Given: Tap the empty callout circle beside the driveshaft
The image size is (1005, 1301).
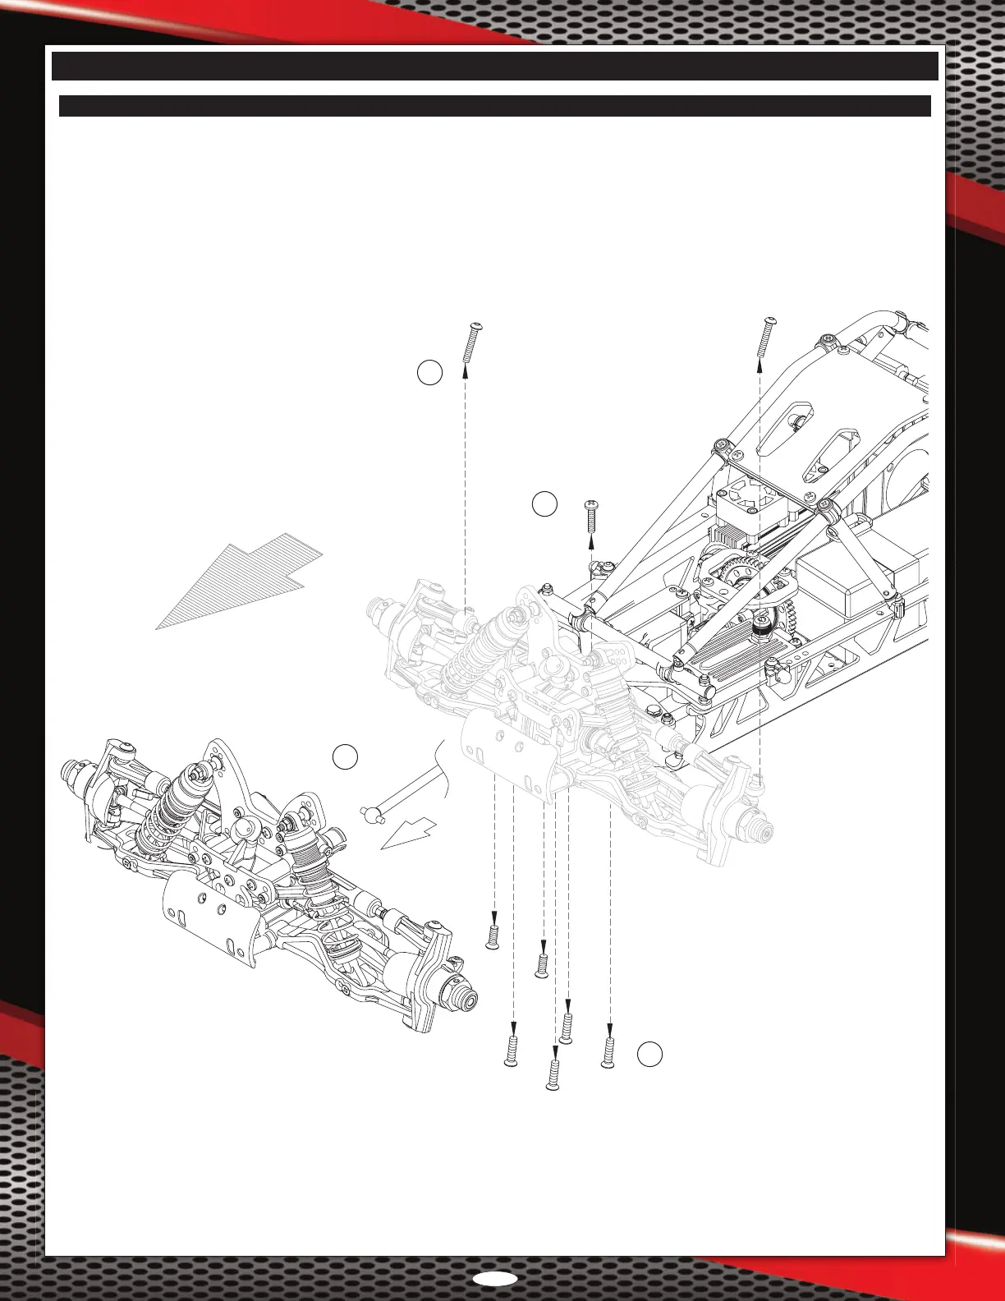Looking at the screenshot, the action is tap(345, 757).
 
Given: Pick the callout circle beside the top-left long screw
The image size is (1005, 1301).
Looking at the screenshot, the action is tap(429, 373).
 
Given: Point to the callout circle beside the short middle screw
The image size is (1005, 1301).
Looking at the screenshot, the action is tap(544, 503).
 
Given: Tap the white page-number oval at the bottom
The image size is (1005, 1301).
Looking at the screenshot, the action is tap(495, 1279).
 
